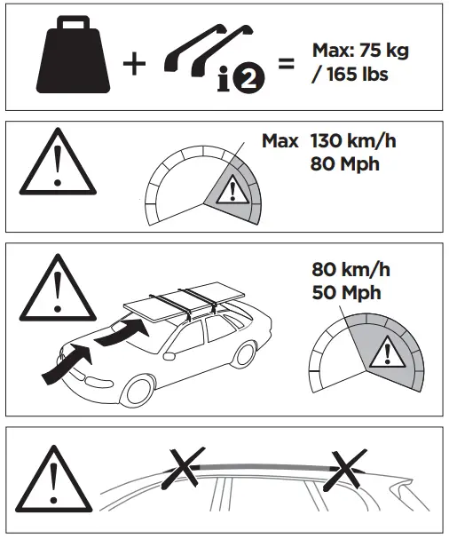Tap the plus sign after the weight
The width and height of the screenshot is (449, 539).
click(133, 65)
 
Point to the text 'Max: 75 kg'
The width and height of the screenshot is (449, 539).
click(360, 51)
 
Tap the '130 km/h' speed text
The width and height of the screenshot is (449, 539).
click(352, 140)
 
